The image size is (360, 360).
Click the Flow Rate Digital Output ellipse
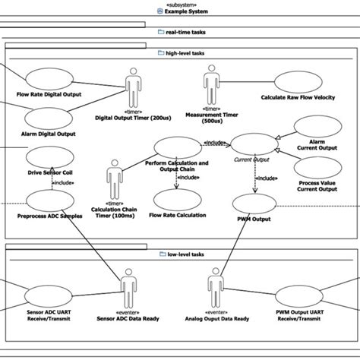49,79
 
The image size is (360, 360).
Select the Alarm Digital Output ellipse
49,118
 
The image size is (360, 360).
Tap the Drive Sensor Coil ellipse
49,158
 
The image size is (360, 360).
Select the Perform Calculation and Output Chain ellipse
176,148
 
